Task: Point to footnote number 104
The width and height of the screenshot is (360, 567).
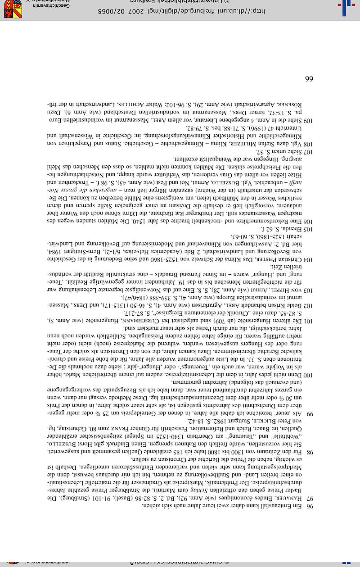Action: click(308, 259)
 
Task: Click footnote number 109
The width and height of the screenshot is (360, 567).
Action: click(308, 120)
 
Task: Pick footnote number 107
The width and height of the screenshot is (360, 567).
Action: click(308, 153)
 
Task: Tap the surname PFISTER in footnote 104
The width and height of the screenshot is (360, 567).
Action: click(252, 259)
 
